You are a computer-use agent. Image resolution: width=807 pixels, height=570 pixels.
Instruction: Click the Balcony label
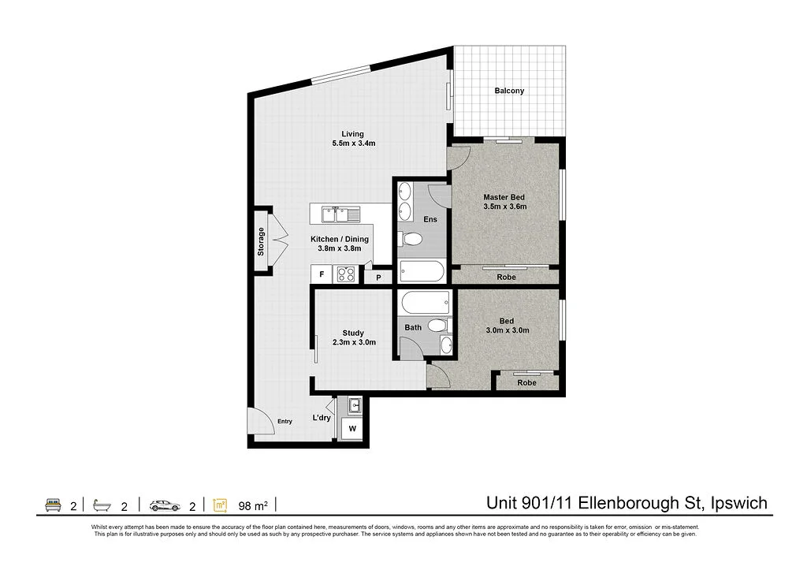[x=509, y=91]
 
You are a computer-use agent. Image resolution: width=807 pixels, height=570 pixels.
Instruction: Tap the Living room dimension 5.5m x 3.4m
[x=352, y=143]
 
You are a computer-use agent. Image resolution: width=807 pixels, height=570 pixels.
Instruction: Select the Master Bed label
[x=504, y=197]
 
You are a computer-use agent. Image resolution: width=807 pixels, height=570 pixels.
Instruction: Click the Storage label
[x=261, y=242]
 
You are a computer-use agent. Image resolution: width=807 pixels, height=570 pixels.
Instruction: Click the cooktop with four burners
[x=345, y=274]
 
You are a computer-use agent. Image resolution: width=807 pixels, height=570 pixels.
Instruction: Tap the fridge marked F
[x=321, y=275]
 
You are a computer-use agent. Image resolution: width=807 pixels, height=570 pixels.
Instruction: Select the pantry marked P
[x=378, y=278]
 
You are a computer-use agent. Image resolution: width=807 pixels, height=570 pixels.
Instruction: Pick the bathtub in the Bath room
[x=424, y=302]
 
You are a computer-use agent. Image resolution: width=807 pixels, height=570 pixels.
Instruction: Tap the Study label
[x=353, y=333]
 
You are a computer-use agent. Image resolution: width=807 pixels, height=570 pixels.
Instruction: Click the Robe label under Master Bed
[x=506, y=278]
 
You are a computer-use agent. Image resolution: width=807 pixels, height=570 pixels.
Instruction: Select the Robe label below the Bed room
[x=526, y=383]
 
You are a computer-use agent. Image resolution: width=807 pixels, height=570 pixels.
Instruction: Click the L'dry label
[x=321, y=418]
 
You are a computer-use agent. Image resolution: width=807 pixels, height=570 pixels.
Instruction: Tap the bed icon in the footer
[x=54, y=504]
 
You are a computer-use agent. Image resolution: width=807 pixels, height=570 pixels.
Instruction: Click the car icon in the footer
[x=164, y=504]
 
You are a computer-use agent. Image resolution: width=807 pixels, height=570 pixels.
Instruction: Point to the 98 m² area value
[x=253, y=505]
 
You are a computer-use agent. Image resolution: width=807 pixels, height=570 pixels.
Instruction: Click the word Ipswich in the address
[x=738, y=503]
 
